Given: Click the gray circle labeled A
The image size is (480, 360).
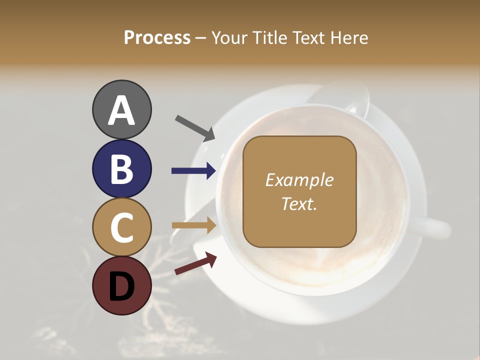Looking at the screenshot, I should click(x=121, y=109).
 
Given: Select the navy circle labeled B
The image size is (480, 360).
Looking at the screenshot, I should click(x=121, y=168).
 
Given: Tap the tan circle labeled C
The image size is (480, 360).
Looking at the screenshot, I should click(x=121, y=227).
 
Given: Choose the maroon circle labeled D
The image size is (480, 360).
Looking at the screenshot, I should click(x=121, y=285).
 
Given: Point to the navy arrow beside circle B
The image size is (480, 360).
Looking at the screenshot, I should click(x=194, y=171).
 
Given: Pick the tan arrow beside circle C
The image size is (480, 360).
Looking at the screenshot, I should click(x=194, y=225).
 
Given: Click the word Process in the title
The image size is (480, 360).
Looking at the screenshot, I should click(x=157, y=37).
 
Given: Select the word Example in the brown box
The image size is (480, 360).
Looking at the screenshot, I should click(x=299, y=180).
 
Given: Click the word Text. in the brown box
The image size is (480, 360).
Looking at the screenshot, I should click(x=299, y=203).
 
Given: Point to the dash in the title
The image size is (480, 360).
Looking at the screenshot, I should click(x=201, y=38).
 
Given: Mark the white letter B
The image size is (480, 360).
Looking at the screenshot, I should click(x=121, y=168).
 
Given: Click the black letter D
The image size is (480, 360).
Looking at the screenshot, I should click(x=121, y=286).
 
